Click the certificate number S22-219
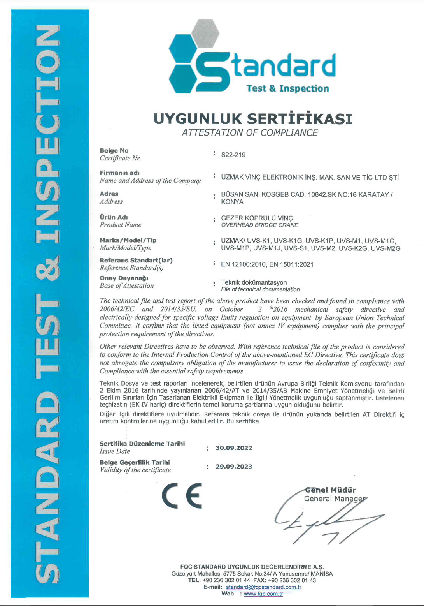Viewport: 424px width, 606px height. [233, 155]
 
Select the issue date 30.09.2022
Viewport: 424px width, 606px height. [234, 448]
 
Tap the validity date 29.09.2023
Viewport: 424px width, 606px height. [234, 467]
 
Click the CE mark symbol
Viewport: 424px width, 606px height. [182, 496]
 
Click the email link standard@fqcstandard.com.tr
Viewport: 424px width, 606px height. [263, 587]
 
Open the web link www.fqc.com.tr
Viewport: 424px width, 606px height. [263, 594]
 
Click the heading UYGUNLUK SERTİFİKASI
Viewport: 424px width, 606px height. [253, 119]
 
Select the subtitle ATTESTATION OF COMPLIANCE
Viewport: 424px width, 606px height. [250, 133]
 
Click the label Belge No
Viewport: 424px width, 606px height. [114, 151]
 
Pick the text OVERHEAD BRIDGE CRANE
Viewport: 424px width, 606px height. [259, 225]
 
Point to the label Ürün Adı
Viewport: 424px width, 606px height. [114, 217]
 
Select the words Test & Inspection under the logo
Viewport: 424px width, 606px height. [287, 88]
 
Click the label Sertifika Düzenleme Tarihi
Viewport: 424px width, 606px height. [142, 444]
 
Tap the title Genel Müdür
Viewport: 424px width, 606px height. [331, 490]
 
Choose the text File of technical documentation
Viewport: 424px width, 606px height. [260, 289]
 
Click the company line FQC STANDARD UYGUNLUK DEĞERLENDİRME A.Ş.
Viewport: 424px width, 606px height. [252, 567]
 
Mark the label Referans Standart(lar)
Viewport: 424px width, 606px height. [136, 260]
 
